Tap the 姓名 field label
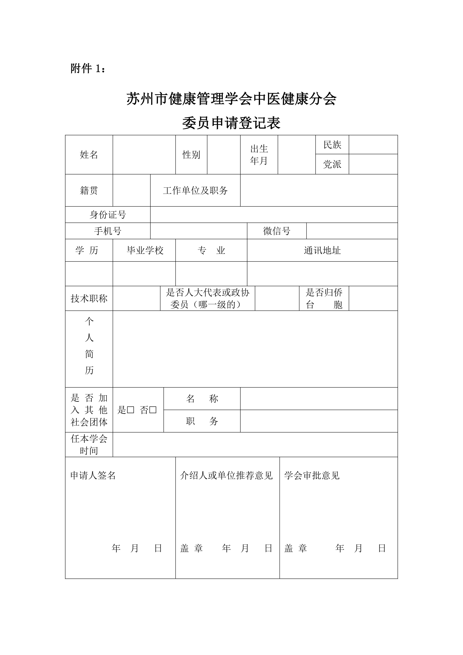(89, 155)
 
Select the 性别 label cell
(191, 155)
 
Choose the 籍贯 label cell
(89, 190)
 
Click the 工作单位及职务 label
(195, 190)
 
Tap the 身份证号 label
(108, 215)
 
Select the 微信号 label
(276, 231)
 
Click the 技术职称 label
(89, 298)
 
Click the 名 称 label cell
(202, 399)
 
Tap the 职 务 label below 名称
(202, 421)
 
